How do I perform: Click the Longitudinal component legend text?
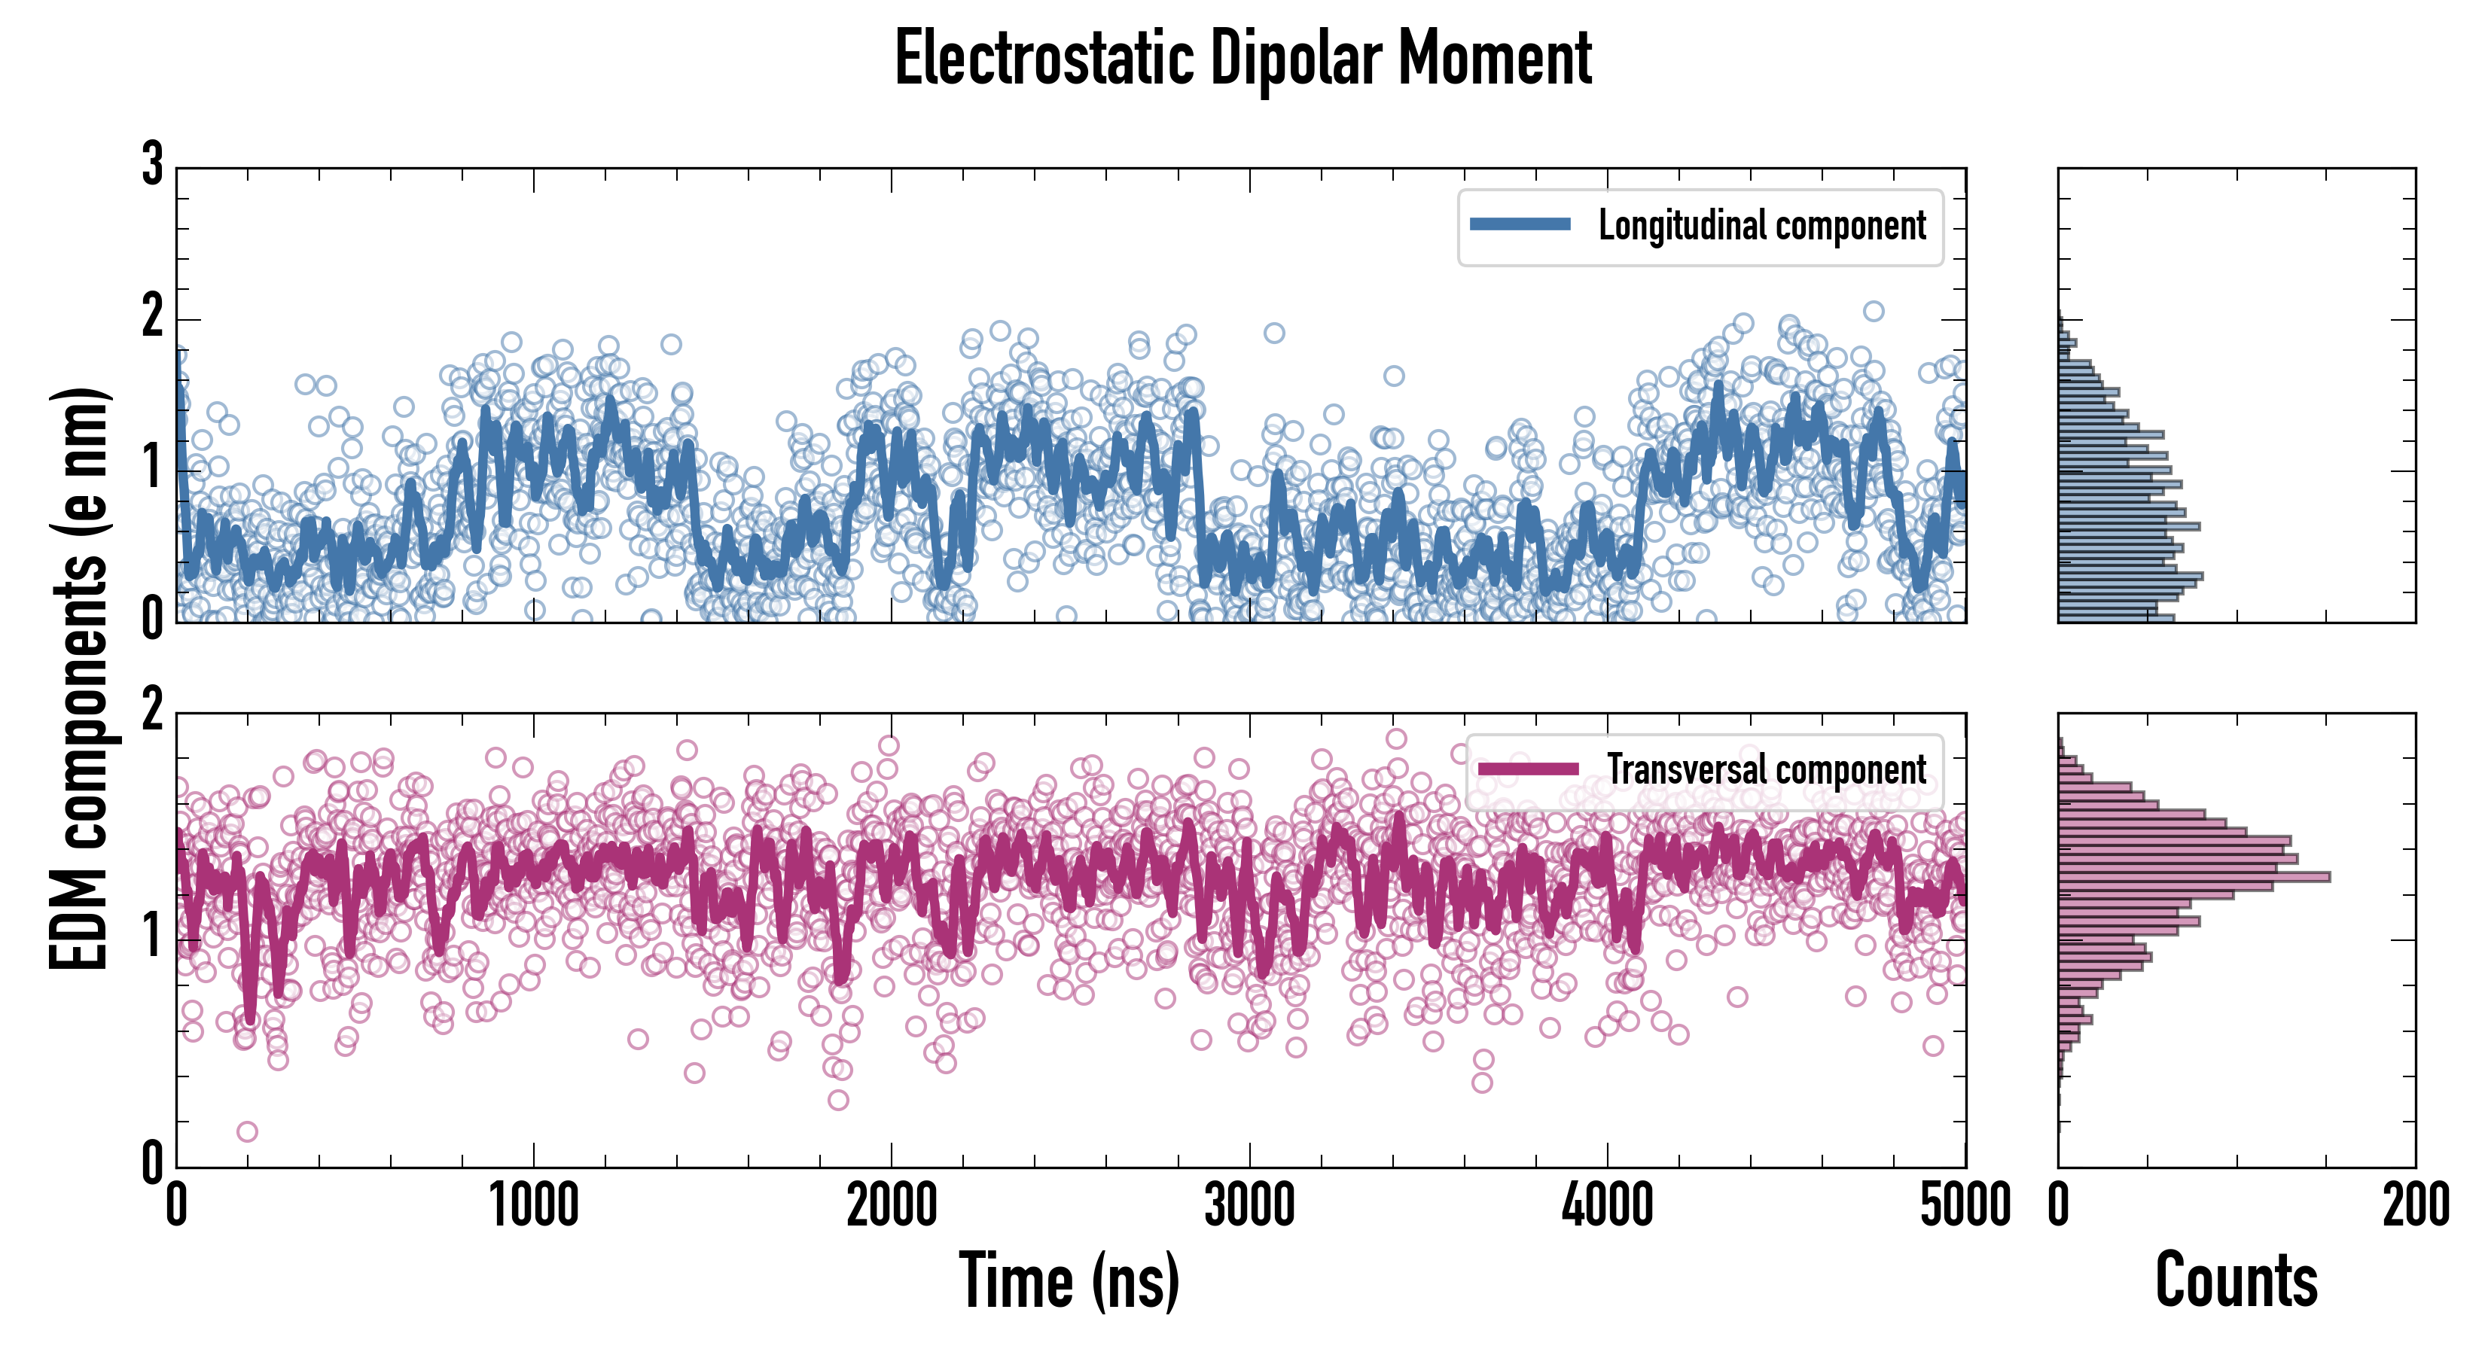(x=1761, y=226)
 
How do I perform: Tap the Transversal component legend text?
(x=1765, y=769)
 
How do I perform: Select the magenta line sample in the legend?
(x=1528, y=769)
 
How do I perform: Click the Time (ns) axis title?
(x=1069, y=1280)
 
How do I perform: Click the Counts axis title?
(x=2236, y=1280)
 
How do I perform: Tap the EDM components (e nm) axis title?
(x=79, y=679)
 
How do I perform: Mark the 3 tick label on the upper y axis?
(x=152, y=166)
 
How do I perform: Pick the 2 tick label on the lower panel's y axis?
(x=152, y=711)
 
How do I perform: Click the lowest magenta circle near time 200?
(x=247, y=1131)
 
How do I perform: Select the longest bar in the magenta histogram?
(x=2194, y=877)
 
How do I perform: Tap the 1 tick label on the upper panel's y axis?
(x=152, y=470)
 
